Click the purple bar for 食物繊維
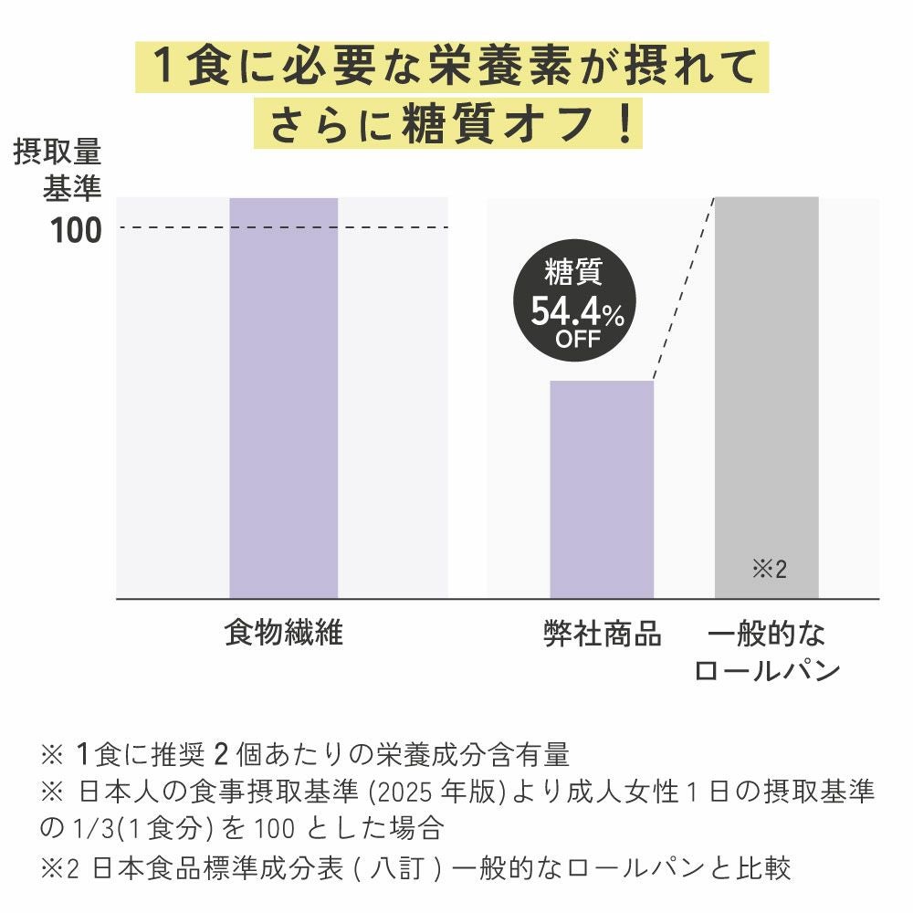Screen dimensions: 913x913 point(283,397)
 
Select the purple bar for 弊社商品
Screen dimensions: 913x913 point(602,488)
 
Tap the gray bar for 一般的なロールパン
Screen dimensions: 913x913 point(766,383)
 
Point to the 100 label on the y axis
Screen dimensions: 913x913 point(76,230)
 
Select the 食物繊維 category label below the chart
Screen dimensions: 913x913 point(283,633)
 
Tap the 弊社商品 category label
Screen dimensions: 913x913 point(602,633)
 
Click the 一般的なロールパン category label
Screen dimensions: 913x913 point(766,652)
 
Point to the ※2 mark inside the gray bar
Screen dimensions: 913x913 point(769,570)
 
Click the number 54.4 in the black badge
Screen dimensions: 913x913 point(565,312)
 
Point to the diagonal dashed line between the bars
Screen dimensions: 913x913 point(685,289)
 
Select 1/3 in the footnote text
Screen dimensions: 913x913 point(85,829)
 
